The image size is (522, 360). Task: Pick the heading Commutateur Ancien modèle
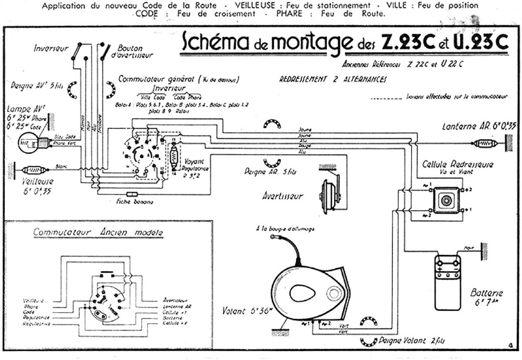pyautogui.click(x=98, y=232)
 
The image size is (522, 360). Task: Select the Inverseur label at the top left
pyautogui.click(x=51, y=49)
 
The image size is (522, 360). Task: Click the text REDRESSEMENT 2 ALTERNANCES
pyautogui.click(x=333, y=80)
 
